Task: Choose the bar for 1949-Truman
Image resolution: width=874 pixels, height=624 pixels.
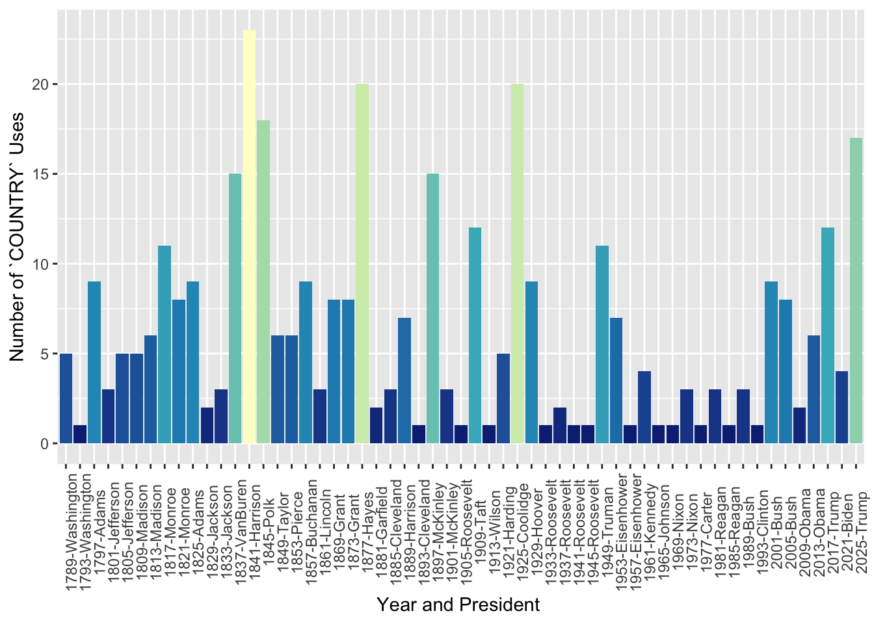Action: (x=602, y=344)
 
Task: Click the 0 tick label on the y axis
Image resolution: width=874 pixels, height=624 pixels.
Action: (x=45, y=444)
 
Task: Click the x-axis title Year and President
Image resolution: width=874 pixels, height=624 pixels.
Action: (x=458, y=605)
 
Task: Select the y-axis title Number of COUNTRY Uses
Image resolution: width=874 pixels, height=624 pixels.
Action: (x=18, y=237)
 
